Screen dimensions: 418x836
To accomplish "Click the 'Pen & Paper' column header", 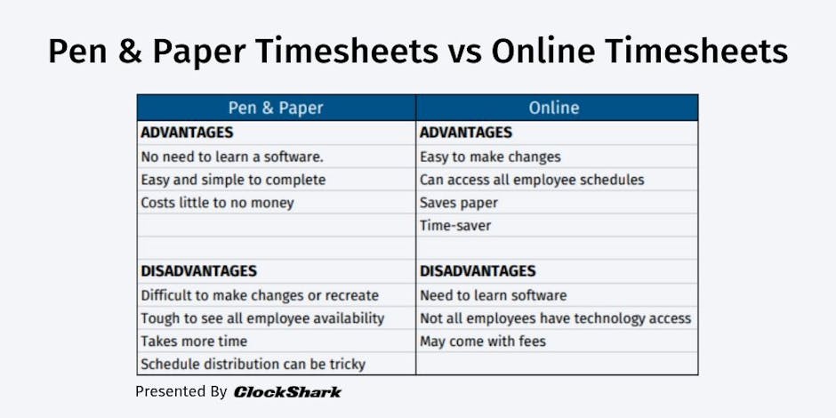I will tap(276, 108).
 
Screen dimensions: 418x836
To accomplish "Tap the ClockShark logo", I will tap(287, 391).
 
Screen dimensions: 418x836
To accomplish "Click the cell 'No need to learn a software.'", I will tap(232, 157).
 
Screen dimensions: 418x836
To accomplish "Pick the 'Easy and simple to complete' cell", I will tap(233, 180).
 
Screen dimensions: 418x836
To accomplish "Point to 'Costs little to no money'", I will tap(217, 203).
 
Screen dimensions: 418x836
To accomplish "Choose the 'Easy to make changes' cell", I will tap(490, 157).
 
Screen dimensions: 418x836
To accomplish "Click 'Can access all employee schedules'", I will tap(532, 180).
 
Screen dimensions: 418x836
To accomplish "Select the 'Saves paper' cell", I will tap(459, 203).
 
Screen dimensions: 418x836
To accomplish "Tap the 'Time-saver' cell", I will tap(455, 226).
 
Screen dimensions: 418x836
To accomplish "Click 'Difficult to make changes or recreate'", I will tap(260, 295).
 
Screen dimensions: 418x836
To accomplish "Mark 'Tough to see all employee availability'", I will tap(262, 318).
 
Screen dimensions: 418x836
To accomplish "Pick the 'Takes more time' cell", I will tap(194, 342).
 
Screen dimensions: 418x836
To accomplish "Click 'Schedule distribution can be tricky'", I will tap(253, 364).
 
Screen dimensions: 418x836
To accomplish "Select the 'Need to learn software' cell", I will tap(493, 295).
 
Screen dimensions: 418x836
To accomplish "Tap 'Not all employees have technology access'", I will tap(555, 318).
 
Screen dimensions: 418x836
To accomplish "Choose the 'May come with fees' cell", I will tap(483, 342).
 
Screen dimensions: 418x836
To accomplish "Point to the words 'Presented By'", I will tap(181, 391).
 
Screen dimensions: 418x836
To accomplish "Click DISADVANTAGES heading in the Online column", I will tap(478, 271).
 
